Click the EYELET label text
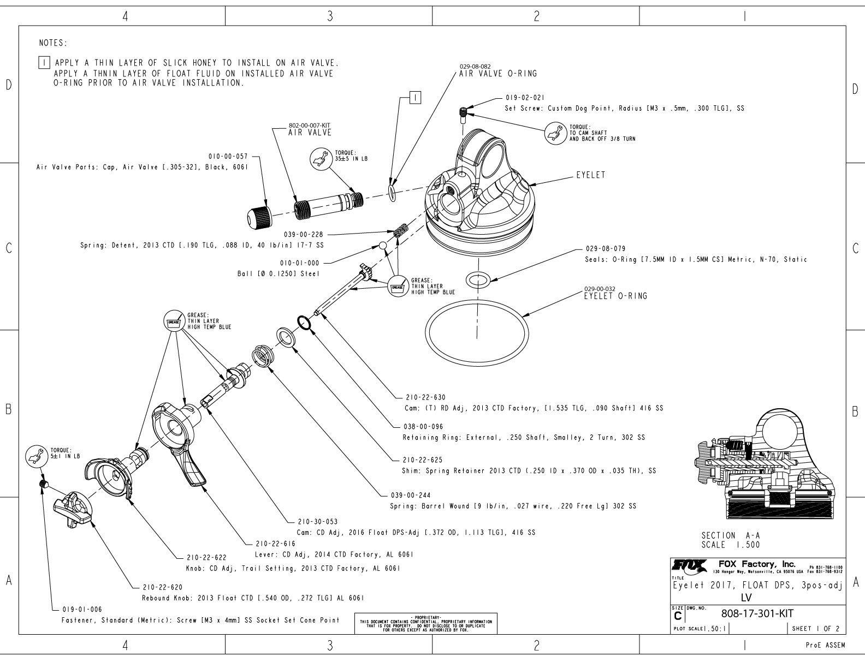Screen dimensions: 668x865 590,176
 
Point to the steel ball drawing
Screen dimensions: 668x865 384,246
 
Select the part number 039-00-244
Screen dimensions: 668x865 410,496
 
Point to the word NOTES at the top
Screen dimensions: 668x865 53,43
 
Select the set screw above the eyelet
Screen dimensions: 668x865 463,113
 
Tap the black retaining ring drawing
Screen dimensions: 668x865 304,323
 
